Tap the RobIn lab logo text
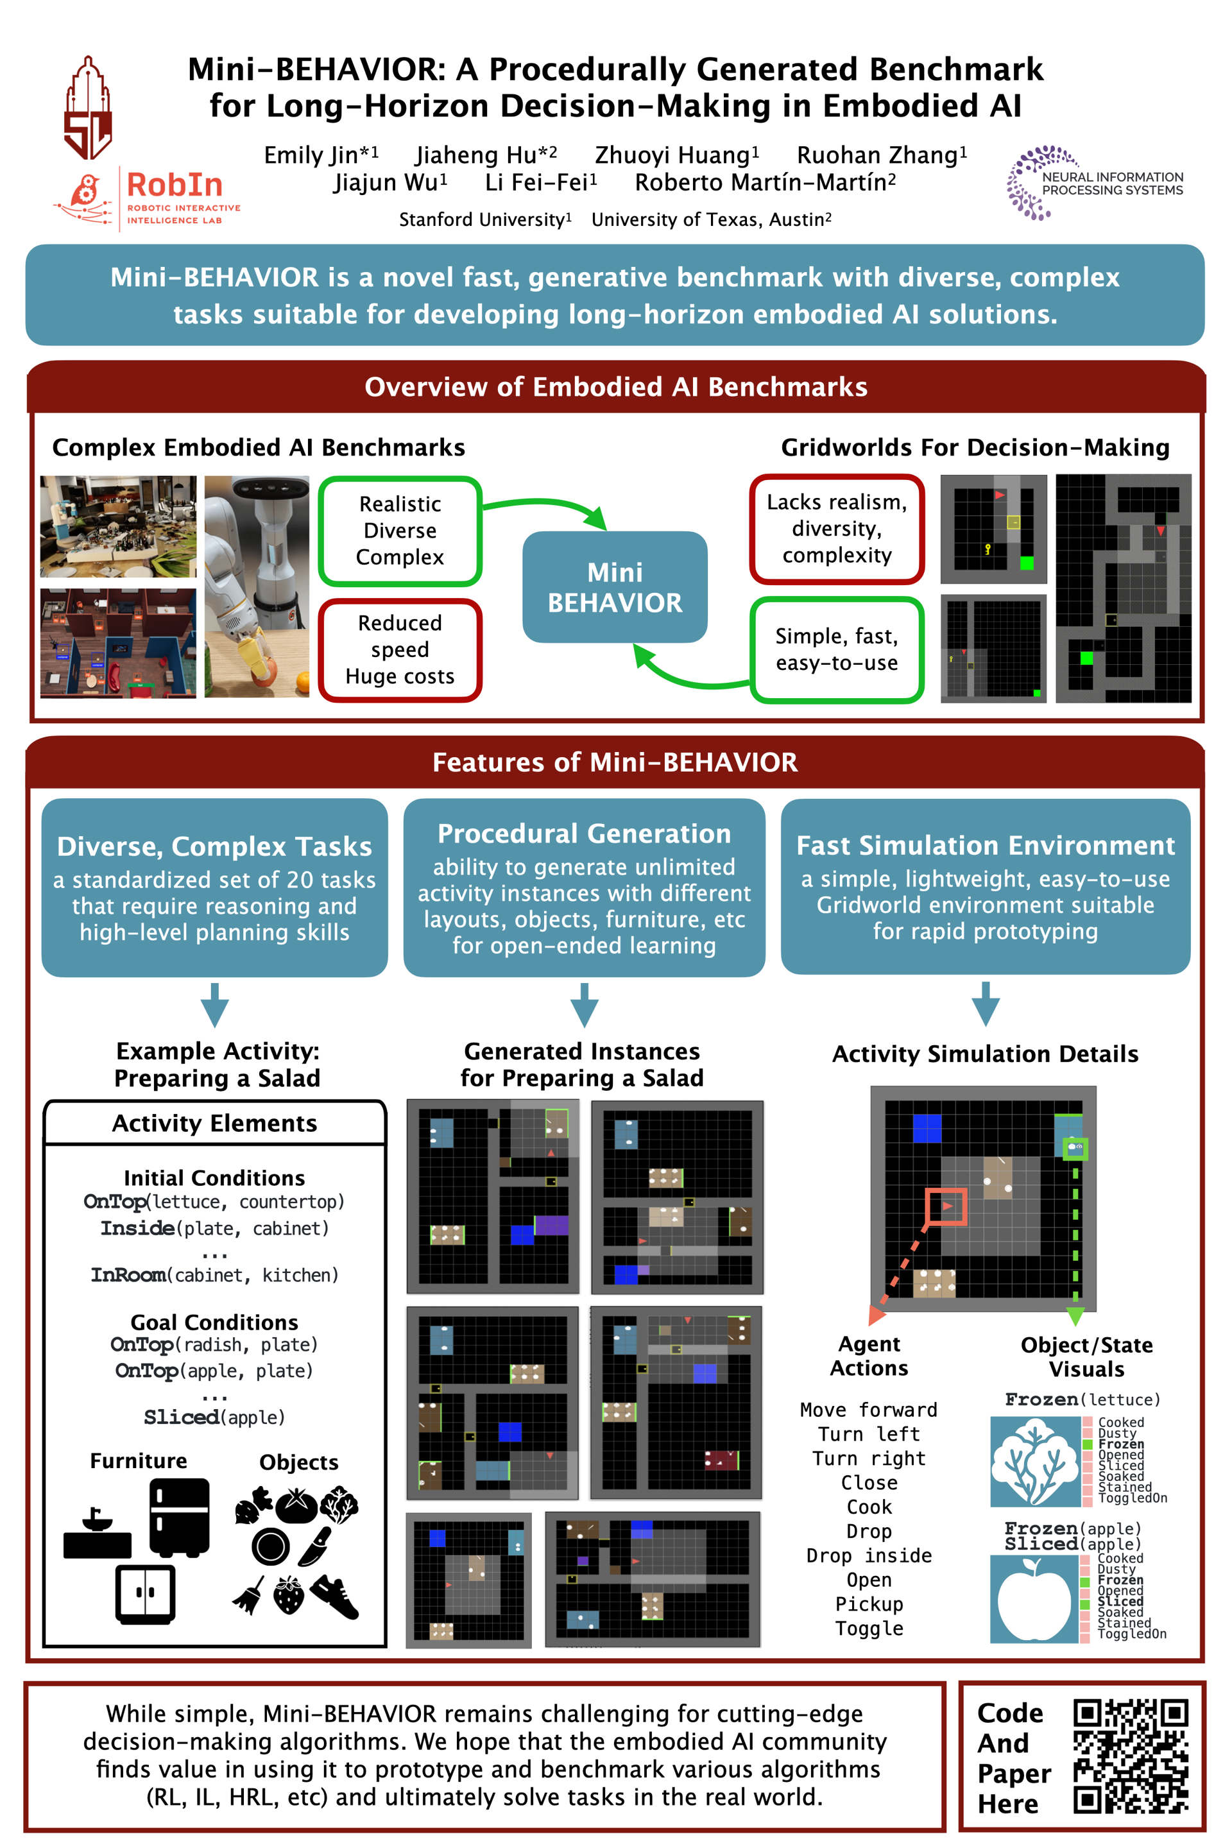pos(175,185)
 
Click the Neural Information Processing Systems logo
pos(1095,182)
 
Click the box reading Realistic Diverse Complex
pos(400,531)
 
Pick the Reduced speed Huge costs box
pos(400,650)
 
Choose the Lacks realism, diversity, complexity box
pos(837,529)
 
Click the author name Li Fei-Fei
pos(540,182)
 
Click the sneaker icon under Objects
pos(336,1596)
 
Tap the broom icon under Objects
pos(250,1596)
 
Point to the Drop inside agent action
pos(869,1555)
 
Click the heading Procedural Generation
pos(584,833)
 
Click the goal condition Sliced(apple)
pos(214,1417)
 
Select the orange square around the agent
pos(946,1206)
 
